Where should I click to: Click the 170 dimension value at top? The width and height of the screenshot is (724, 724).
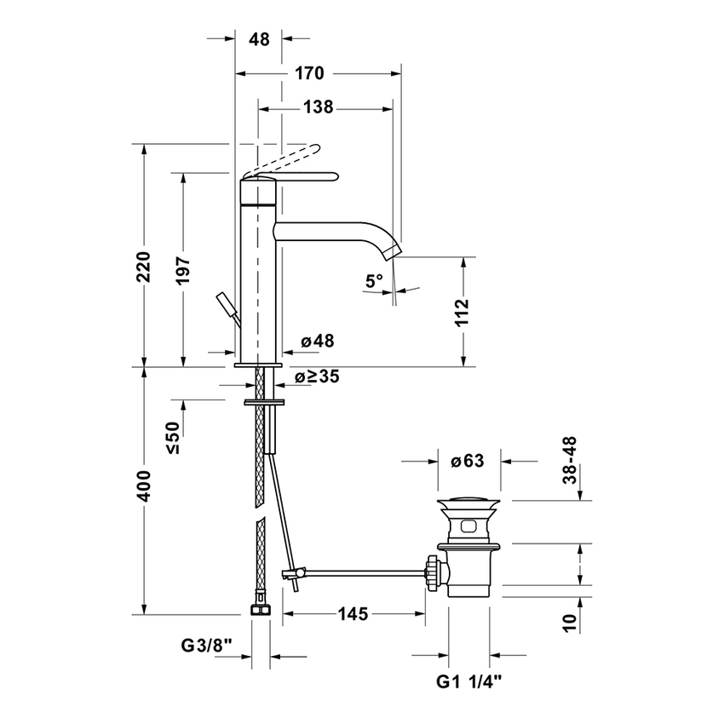[x=309, y=74]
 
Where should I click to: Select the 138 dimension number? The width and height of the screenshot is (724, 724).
[x=318, y=107]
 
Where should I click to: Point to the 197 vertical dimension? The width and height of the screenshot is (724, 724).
[x=182, y=271]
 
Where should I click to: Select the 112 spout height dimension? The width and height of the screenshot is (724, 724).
[x=462, y=313]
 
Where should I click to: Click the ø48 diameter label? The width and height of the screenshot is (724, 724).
[x=317, y=341]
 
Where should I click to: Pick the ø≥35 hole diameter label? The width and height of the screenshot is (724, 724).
[x=318, y=376]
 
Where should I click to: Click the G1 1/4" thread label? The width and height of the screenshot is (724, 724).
[x=469, y=681]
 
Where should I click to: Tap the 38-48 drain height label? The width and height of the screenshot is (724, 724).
[x=570, y=461]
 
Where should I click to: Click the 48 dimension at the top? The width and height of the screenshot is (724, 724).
[x=260, y=39]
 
